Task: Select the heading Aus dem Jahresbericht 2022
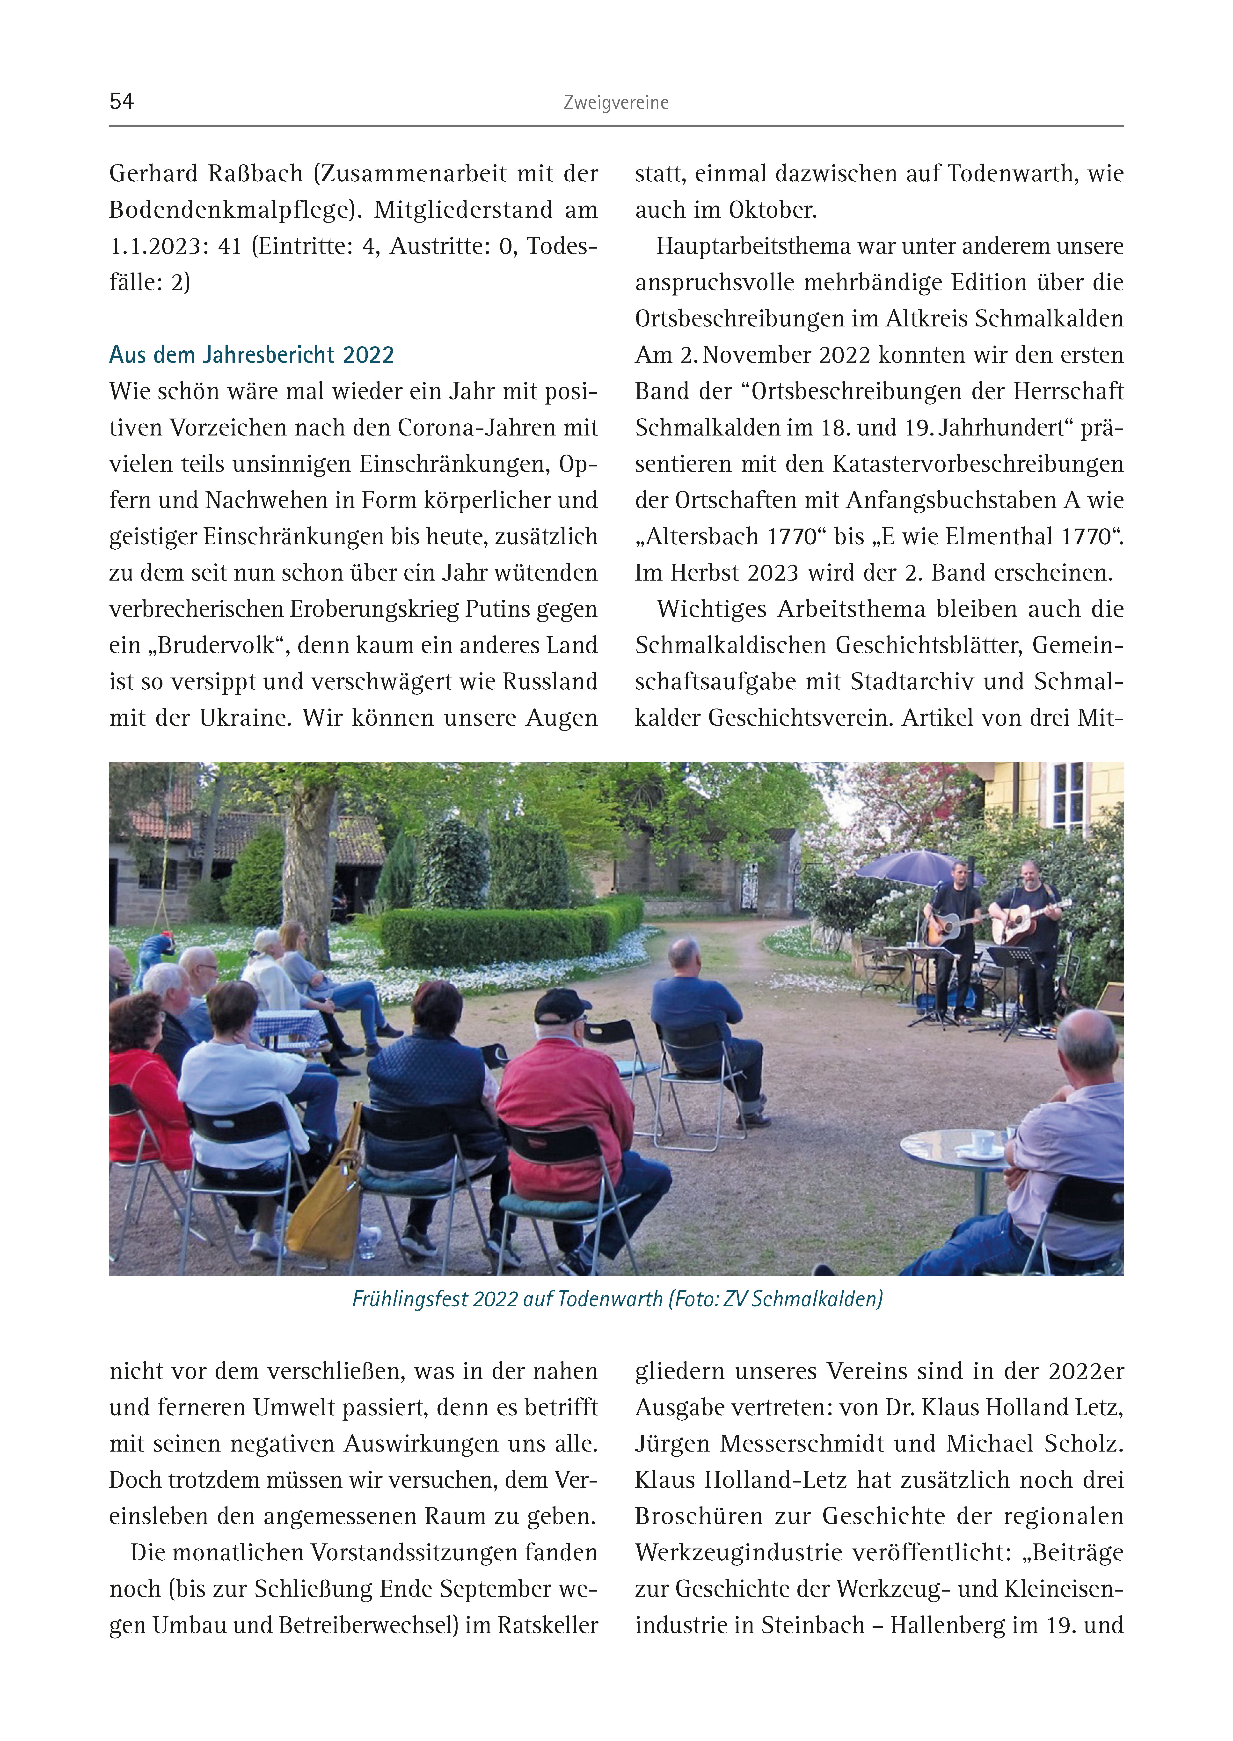click(x=251, y=355)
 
